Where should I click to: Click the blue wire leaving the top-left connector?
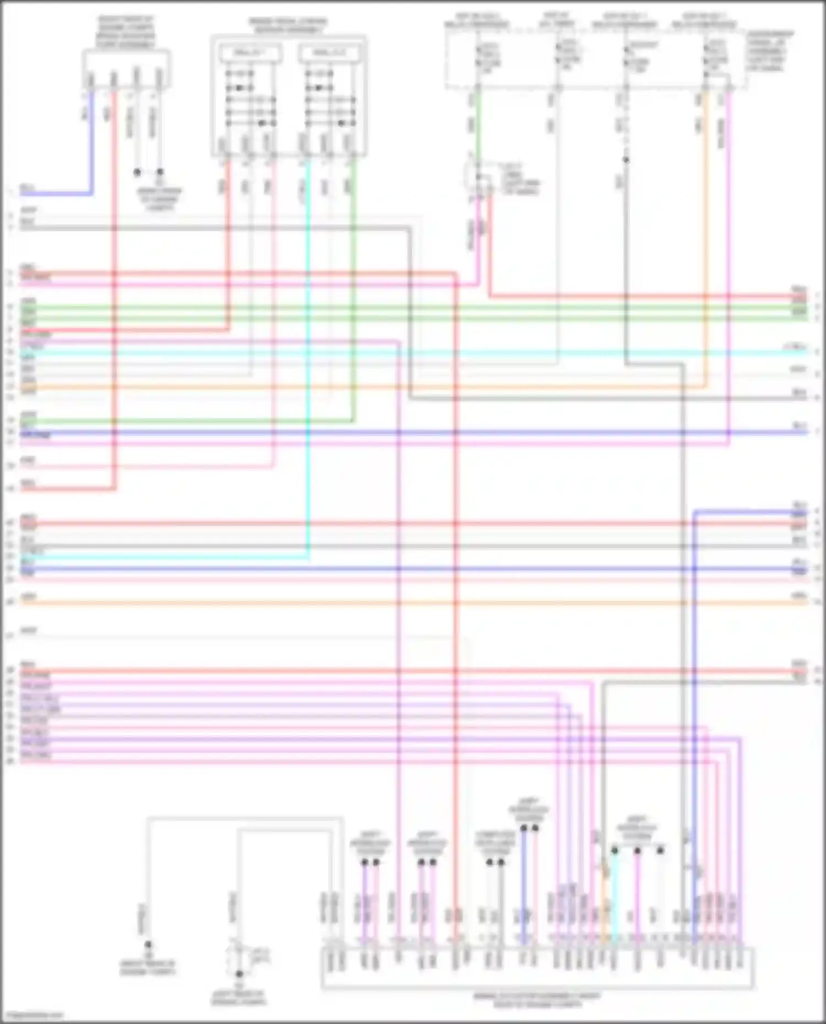[91, 143]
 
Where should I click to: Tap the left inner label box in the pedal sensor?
[251, 53]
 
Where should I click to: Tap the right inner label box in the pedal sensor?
[329, 53]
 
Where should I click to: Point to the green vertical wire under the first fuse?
[477, 127]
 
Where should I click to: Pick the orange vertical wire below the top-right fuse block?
[705, 220]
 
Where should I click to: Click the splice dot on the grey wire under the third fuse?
[626, 160]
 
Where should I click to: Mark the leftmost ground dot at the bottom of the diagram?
[148, 944]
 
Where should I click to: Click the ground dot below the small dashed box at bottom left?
[239, 974]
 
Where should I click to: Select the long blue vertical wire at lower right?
[694, 715]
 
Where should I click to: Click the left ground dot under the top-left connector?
[137, 172]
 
